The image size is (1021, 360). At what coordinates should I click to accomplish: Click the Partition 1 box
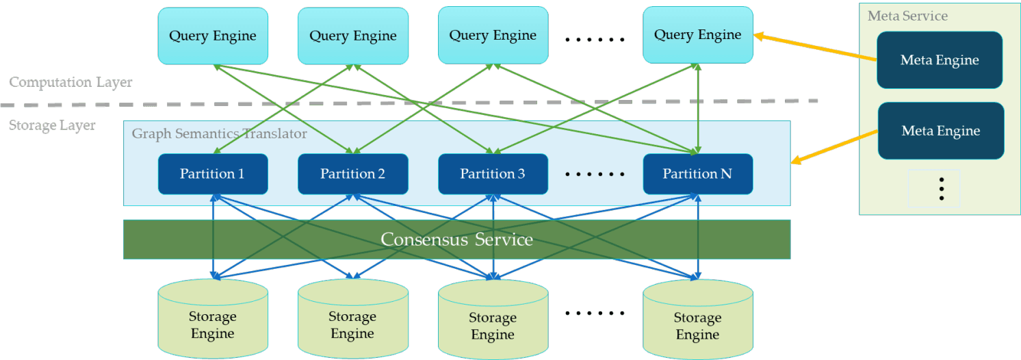coord(212,174)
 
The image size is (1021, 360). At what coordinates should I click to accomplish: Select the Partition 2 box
coord(352,174)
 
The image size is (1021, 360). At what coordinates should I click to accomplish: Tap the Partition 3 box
coord(492,174)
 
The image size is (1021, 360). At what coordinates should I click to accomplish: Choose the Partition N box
coord(697,174)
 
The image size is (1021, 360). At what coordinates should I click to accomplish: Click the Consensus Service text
coord(456,239)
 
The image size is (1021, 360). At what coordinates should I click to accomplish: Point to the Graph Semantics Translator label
coord(219,133)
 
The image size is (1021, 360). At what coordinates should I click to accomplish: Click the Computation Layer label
coord(70,82)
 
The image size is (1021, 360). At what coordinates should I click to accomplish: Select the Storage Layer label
coord(52,125)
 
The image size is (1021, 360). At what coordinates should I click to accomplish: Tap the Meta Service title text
coord(907,16)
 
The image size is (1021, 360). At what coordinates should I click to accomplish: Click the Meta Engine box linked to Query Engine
coord(939,60)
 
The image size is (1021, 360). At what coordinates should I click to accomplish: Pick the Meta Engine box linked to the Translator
coord(940,131)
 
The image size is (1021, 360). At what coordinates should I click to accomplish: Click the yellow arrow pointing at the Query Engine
coord(814,48)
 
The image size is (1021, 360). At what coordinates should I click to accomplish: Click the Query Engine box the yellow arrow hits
coord(697,34)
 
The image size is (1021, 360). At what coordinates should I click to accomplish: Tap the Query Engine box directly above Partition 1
coord(212,36)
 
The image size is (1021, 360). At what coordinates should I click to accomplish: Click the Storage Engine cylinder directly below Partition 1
coord(212,322)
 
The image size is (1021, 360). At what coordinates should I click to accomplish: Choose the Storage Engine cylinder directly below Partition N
coord(697,323)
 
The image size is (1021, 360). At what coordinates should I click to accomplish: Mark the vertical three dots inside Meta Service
coord(942,188)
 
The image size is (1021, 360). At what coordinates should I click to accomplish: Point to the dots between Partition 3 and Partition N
coord(595,175)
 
